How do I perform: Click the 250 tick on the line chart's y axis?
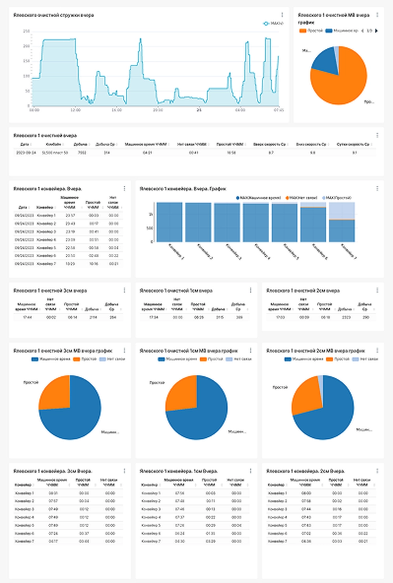click(x=26, y=31)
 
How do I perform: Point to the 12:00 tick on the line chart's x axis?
click(x=75, y=110)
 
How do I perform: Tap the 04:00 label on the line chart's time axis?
click(x=240, y=110)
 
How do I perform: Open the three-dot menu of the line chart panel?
click(x=282, y=15)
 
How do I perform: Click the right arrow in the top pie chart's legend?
click(x=376, y=31)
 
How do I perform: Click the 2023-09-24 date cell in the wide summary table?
click(x=26, y=153)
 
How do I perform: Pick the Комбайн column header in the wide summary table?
click(x=53, y=144)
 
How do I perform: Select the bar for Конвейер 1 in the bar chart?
click(x=169, y=222)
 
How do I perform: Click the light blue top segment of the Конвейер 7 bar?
click(x=342, y=211)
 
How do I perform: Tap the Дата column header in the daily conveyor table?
click(x=23, y=207)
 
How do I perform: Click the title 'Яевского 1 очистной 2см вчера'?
click(x=303, y=291)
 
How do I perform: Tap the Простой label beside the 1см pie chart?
click(x=157, y=383)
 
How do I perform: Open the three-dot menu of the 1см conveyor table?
click(x=251, y=471)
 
